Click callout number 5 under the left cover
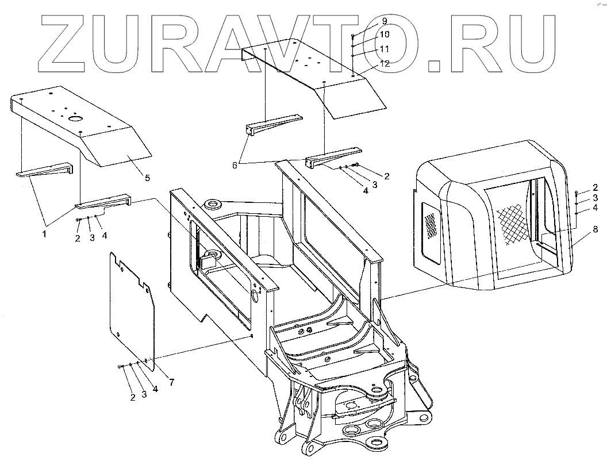click(147, 178)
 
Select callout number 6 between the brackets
click(235, 165)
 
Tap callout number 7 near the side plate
click(171, 383)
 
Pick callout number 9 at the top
click(384, 21)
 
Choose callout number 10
click(384, 34)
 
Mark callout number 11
click(384, 49)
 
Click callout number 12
click(384, 64)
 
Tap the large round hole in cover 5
click(75, 119)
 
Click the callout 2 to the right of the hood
click(596, 187)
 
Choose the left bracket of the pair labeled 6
click(272, 125)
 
